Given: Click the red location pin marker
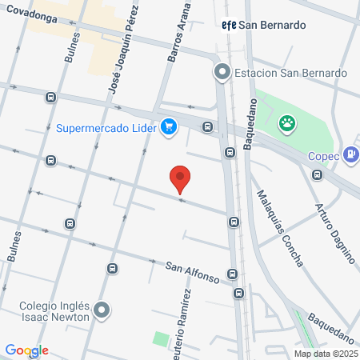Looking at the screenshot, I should (x=181, y=178).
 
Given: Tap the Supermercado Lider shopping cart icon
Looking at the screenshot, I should (x=168, y=126).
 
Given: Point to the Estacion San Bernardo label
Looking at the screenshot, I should (x=290, y=73).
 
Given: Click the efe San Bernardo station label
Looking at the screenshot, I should (x=264, y=25).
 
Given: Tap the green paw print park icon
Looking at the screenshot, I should (x=286, y=123).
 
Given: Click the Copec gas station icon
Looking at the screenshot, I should (x=350, y=154).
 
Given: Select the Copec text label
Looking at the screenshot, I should (x=323, y=155).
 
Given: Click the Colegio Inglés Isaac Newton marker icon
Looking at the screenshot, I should (x=101, y=310).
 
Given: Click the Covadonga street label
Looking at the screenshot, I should (x=29, y=14).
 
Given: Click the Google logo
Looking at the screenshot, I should (x=26, y=350).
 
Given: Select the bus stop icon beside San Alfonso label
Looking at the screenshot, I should (x=233, y=274).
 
